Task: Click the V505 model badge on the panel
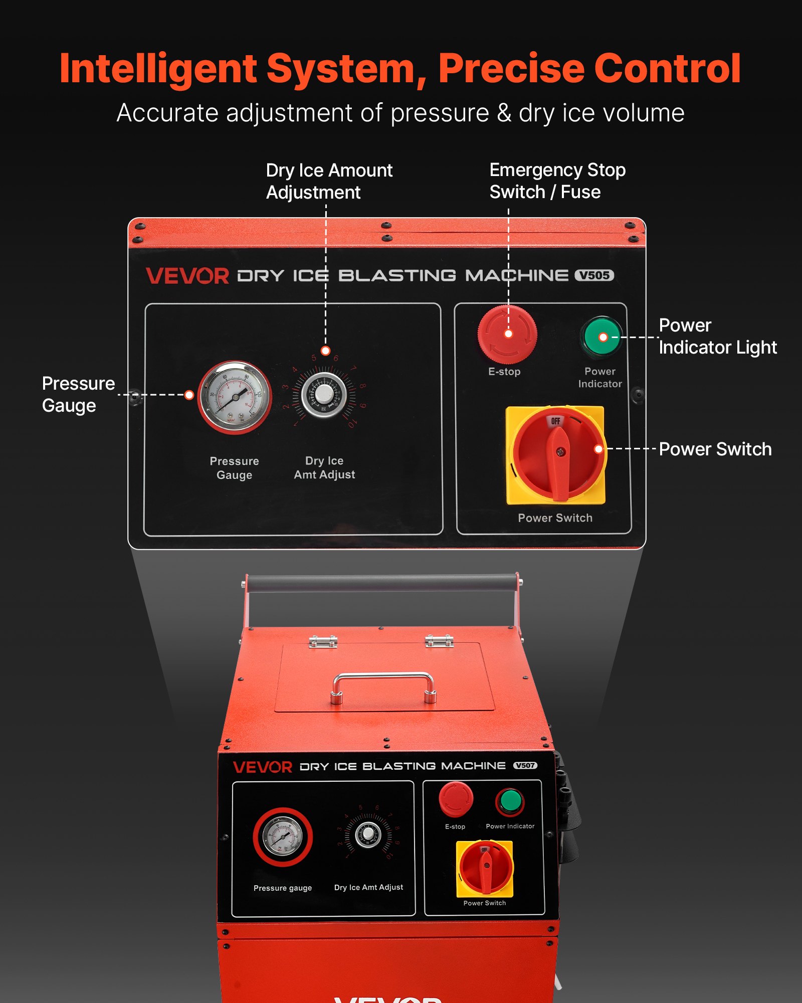coord(594,275)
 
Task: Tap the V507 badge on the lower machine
coord(525,765)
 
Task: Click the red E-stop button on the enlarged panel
coord(507,334)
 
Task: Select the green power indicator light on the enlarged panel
coord(601,337)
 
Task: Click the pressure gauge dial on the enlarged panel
coord(234,397)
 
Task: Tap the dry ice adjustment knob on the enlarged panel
coord(324,395)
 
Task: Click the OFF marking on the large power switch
coord(555,421)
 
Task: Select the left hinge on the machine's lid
coord(323,641)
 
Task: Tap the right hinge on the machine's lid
coord(439,640)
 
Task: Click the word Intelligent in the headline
coord(158,69)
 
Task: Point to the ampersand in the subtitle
coord(504,113)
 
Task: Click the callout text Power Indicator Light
coord(717,336)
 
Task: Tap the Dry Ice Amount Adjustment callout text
coord(329,181)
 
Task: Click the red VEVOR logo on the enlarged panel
coord(187,276)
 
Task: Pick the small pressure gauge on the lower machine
coord(283,837)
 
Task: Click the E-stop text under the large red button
coord(504,372)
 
